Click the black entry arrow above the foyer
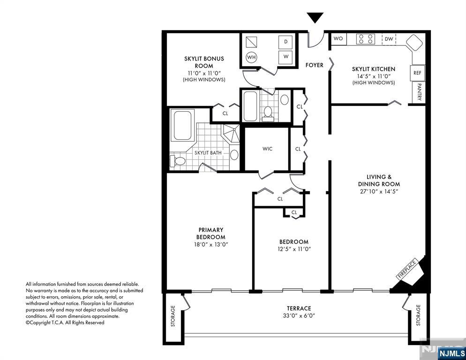click(x=315, y=17)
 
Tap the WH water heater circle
click(x=251, y=57)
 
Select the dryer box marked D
click(x=286, y=42)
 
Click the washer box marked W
click(x=286, y=56)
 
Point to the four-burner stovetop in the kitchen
click(x=366, y=39)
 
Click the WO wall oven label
click(x=338, y=38)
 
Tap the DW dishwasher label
click(x=389, y=39)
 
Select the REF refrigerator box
click(x=417, y=73)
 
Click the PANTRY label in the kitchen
click(x=419, y=92)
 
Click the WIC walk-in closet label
click(x=267, y=149)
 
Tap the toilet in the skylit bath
click(x=178, y=161)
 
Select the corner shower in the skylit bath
click(x=231, y=133)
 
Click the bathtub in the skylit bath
click(x=182, y=125)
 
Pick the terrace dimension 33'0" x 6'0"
click(x=299, y=315)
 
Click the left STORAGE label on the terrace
click(x=173, y=316)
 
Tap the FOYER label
click(x=315, y=65)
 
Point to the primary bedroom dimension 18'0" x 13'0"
click(x=210, y=244)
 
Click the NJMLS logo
click(x=452, y=353)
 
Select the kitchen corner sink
click(x=414, y=43)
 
